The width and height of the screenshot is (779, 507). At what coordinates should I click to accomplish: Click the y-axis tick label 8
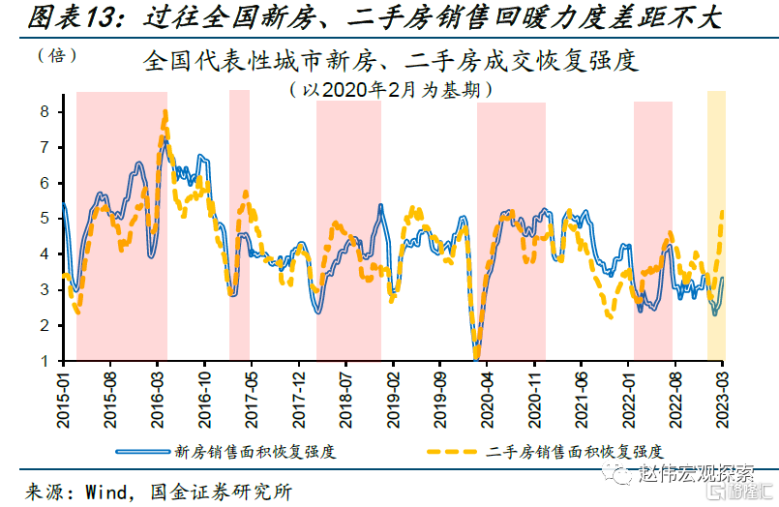45,111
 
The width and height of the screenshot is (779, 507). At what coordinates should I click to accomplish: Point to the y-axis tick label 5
45,219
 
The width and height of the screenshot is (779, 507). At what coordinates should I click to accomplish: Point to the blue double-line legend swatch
142,451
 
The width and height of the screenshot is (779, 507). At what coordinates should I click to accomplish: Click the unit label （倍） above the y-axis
57,55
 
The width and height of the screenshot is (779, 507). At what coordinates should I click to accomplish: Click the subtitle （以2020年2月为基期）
390,90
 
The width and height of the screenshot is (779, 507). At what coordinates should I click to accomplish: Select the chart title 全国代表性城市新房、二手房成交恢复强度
390,62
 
